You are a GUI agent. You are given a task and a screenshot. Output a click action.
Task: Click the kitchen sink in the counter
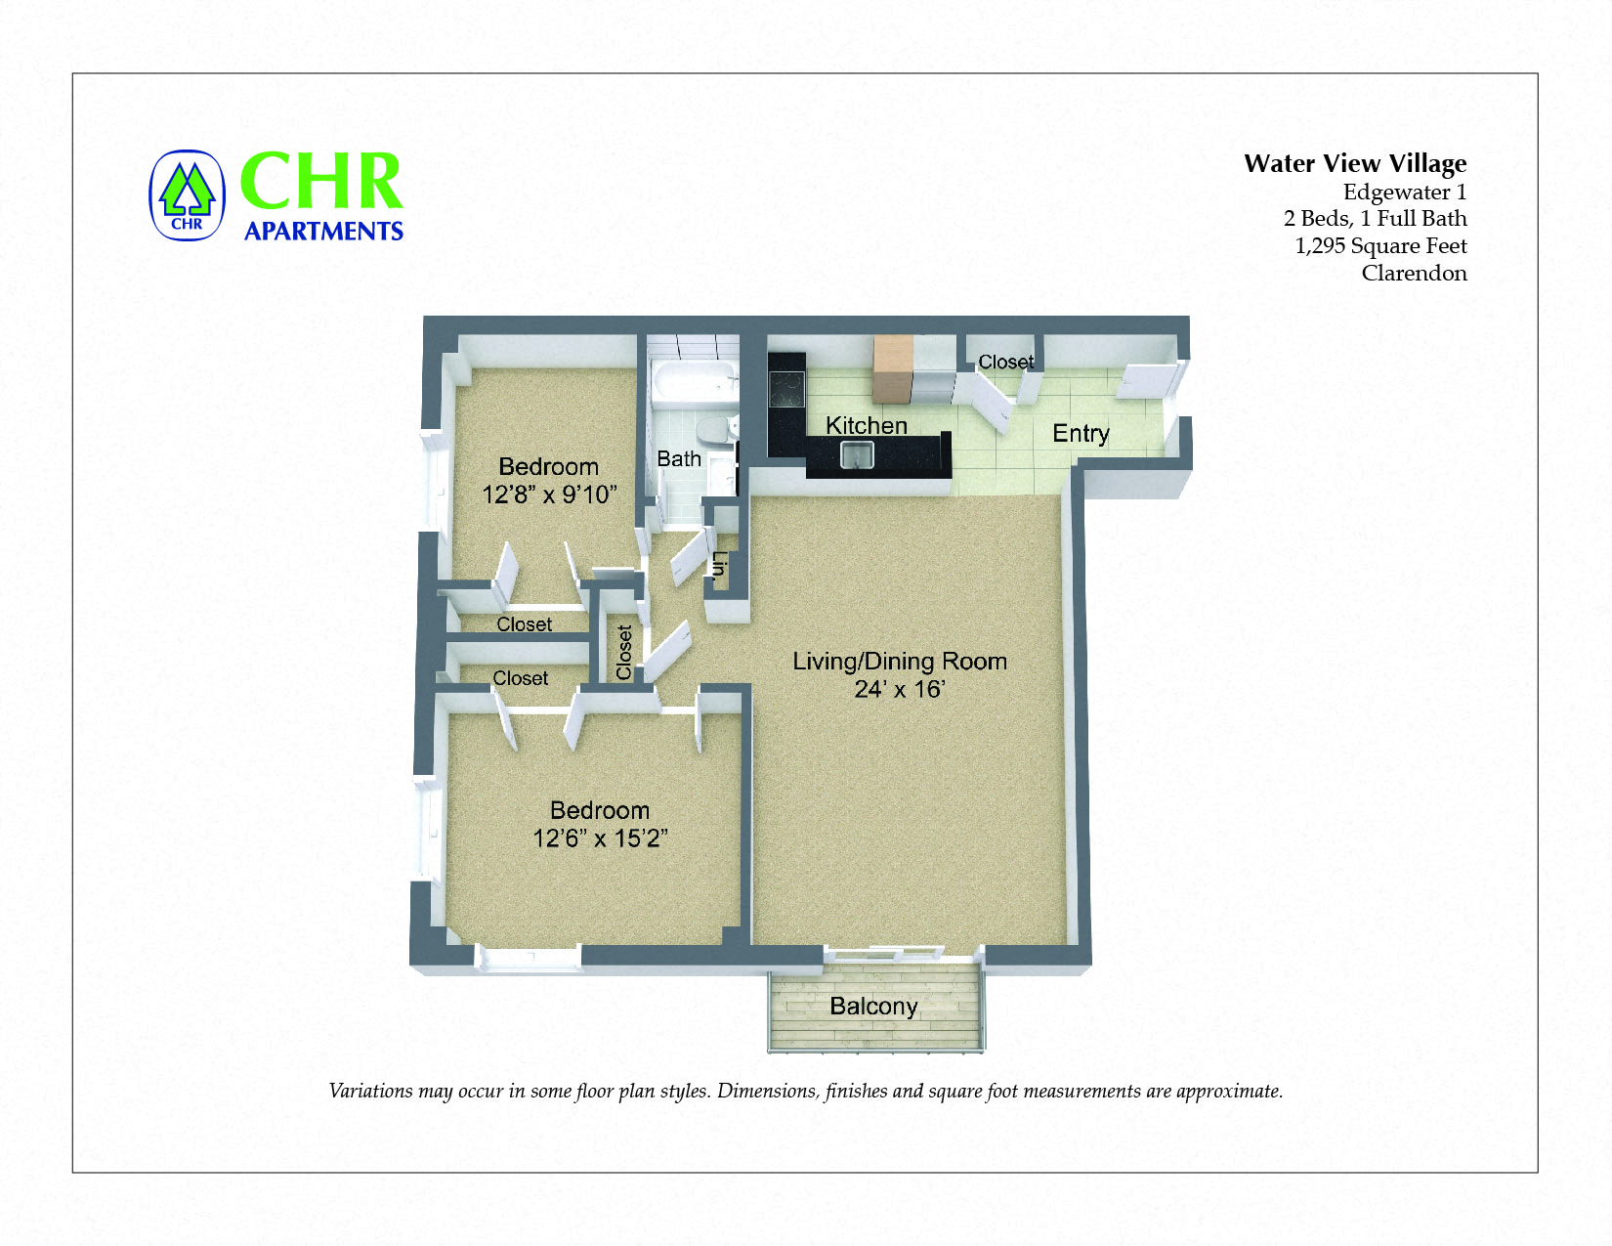pos(857,454)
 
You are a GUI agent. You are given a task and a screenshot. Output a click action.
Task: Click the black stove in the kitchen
pos(786,388)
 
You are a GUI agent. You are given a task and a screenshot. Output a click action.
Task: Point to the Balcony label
pos(873,1007)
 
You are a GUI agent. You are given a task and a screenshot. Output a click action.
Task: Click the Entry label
pos(1081,433)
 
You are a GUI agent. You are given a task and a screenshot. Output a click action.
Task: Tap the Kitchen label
pos(867,426)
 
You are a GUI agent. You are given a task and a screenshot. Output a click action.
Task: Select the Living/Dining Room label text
pos(900,662)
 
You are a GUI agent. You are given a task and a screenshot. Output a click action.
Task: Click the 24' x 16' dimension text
pos(900,690)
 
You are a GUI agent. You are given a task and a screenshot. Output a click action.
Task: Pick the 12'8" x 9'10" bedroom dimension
pos(549,494)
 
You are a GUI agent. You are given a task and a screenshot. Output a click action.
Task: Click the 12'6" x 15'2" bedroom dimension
pos(600,838)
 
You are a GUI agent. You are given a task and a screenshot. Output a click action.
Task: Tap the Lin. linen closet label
pos(720,566)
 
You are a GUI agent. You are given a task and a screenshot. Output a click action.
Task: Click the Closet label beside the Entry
pos(1006,363)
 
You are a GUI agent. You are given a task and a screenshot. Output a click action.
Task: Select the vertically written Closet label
pos(625,652)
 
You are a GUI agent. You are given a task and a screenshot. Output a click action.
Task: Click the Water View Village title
pos(1355,163)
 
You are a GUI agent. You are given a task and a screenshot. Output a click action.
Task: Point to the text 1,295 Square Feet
pos(1380,246)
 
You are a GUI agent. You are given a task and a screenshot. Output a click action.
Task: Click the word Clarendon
pos(1414,274)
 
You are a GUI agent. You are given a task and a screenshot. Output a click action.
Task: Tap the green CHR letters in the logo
pos(321,182)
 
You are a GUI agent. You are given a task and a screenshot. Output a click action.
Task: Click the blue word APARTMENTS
pos(323,232)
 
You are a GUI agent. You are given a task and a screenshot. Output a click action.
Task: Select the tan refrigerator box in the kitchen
pos(892,369)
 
